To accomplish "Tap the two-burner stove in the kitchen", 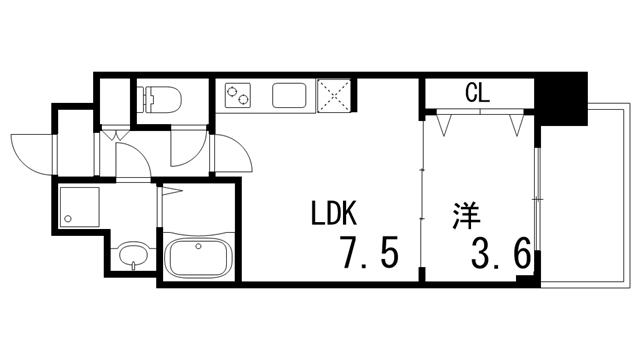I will click(x=240, y=97).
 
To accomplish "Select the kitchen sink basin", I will click(x=289, y=97).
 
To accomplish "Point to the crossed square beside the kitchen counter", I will click(x=331, y=97).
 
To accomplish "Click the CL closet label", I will click(x=477, y=95).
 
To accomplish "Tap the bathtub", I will click(x=198, y=258).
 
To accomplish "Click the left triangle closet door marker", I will click(x=446, y=126).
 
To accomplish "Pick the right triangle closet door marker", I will click(x=516, y=126).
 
